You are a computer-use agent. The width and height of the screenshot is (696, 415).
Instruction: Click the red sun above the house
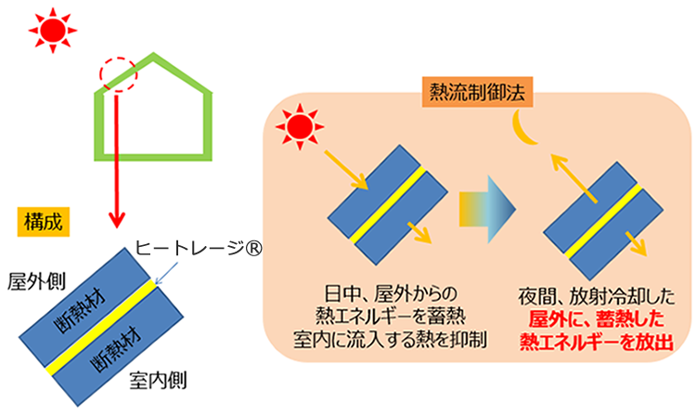[53, 31]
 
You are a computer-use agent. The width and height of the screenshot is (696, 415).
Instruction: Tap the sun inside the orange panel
[300, 127]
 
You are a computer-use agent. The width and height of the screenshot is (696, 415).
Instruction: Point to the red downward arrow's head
[117, 219]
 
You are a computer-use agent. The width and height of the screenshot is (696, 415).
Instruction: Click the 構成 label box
[44, 222]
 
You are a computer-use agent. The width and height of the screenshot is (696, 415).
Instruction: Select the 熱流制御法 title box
[477, 93]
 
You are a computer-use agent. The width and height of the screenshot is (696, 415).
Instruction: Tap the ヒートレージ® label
[198, 248]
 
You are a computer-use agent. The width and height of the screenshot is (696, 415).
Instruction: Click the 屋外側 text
[36, 281]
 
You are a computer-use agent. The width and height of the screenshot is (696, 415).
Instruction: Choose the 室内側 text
[158, 381]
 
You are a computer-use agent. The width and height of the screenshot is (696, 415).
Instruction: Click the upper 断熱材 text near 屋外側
[81, 310]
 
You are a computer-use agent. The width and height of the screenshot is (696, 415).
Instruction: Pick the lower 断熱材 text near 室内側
[116, 349]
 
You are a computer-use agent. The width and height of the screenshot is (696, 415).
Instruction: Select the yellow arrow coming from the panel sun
[347, 170]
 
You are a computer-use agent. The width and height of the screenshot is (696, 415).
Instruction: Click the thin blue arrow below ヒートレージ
[167, 273]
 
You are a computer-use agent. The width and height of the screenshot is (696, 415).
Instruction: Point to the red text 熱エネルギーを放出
[597, 343]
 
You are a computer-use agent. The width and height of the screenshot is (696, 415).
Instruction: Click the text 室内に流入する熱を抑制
[390, 340]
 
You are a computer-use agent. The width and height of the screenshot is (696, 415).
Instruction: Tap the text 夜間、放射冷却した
[596, 296]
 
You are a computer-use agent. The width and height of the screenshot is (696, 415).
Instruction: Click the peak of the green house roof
[153, 55]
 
